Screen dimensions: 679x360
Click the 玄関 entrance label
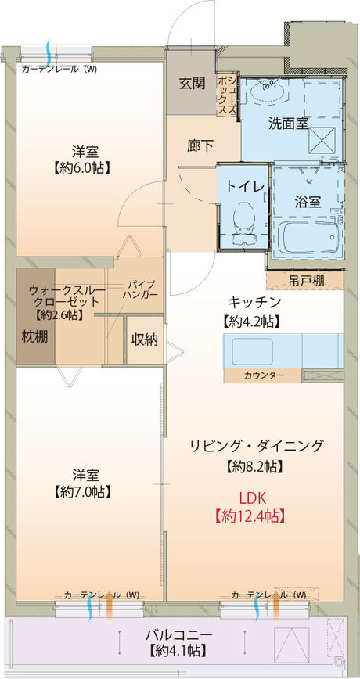coord(192,84)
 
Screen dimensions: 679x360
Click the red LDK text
coord(255,495)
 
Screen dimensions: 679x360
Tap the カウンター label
coord(264,376)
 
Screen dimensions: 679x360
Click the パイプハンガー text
coord(141,289)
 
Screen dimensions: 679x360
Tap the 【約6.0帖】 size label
coord(81,167)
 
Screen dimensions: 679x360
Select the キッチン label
coord(254,303)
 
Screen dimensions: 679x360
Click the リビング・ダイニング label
coord(255,446)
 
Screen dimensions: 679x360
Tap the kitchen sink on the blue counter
coord(250,350)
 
